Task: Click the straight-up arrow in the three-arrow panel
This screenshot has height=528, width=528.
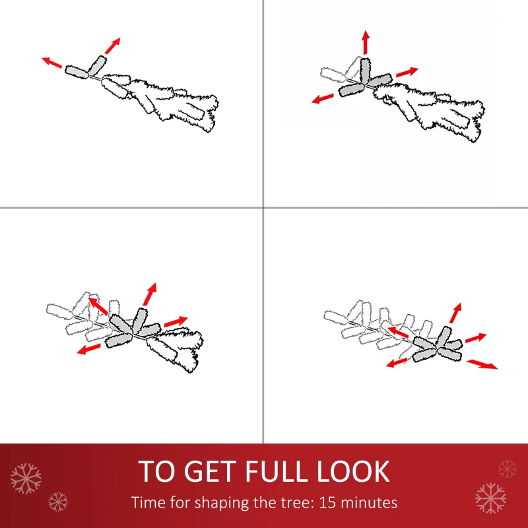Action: [366, 42]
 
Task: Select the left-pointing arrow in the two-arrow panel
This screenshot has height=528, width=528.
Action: [52, 62]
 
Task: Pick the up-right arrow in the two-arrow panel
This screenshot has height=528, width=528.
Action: [112, 46]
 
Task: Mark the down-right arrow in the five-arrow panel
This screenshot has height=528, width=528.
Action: [482, 364]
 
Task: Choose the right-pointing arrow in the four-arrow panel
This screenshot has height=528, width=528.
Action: [176, 321]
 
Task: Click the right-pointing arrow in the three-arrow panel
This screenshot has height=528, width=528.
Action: [407, 72]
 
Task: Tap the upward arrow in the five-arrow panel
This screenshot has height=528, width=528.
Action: [455, 313]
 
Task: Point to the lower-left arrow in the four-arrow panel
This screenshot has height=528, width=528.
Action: [89, 348]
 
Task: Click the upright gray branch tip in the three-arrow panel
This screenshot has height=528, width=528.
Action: [365, 70]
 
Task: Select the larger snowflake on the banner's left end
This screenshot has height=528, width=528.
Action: [26, 478]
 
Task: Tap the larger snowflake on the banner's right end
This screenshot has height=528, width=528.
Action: [490, 498]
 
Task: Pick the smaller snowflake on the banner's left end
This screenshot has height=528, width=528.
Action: [58, 502]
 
